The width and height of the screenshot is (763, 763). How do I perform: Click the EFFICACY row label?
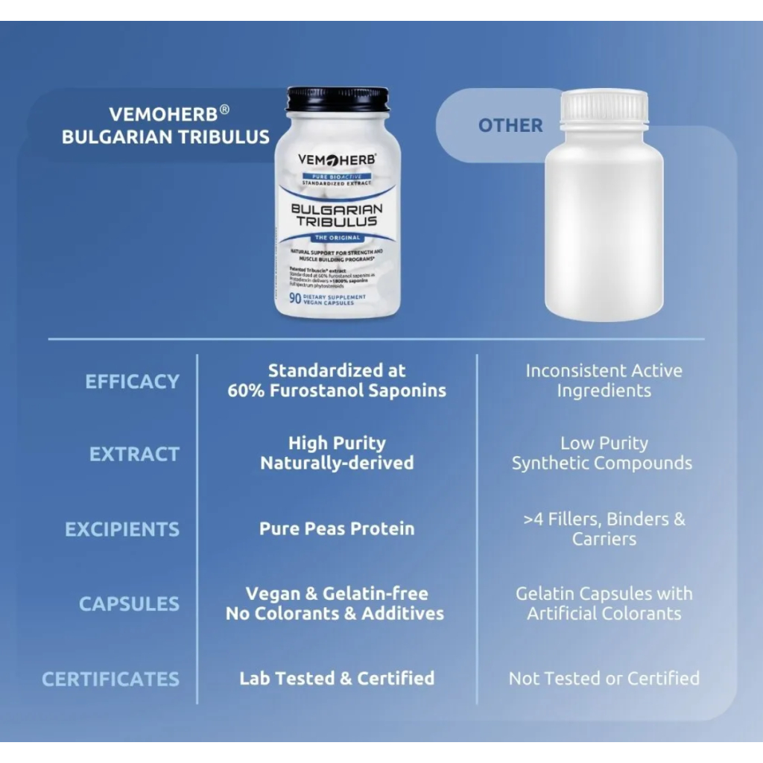132,381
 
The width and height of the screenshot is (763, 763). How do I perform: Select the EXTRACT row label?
134,455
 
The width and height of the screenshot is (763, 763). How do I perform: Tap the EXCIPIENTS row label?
122,530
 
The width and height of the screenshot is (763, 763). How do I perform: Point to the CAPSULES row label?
129,604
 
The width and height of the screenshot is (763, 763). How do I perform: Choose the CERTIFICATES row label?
110,679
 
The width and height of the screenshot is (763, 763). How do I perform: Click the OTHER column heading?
510,125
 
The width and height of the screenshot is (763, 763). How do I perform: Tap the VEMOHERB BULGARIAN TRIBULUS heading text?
165,125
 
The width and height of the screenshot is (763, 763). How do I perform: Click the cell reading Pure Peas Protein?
337,529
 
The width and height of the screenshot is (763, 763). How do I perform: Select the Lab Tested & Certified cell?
337,679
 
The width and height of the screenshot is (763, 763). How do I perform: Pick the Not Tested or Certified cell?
604,679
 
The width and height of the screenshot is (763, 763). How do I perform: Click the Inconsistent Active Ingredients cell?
604,381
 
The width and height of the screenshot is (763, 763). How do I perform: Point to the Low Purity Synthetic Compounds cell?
602,453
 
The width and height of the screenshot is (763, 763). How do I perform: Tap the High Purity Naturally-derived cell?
337,453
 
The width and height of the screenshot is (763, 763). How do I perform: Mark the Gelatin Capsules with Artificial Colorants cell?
604,604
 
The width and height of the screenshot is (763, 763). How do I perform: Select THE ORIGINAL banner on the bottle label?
337,238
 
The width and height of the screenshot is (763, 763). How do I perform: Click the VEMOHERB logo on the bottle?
337,159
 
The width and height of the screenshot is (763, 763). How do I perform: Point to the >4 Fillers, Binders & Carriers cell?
604,528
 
